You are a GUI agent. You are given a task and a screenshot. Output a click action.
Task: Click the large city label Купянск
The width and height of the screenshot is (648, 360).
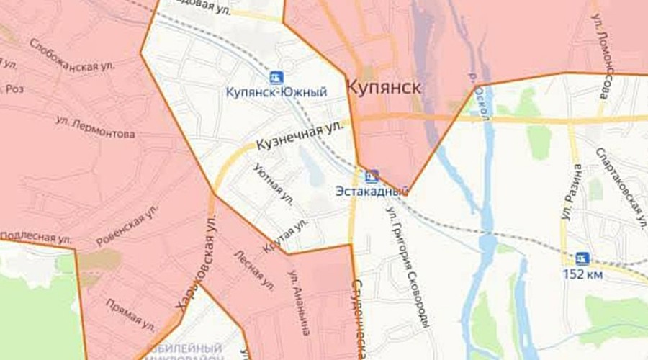click(x=383, y=87)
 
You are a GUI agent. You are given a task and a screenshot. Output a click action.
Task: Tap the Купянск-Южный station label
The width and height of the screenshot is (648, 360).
click(x=276, y=92)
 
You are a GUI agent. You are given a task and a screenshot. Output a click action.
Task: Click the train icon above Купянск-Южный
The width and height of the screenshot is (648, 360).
click(x=276, y=76)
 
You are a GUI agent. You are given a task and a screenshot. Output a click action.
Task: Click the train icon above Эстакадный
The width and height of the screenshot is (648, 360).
click(x=372, y=175)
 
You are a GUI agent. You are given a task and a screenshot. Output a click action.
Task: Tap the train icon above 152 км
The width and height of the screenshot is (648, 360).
click(x=582, y=258)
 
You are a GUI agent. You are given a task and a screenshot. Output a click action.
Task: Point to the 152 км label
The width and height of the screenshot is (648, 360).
click(x=584, y=274)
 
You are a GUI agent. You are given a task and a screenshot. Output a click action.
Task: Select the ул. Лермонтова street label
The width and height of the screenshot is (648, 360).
click(x=95, y=129)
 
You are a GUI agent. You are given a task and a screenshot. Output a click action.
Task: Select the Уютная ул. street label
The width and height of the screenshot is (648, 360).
click(x=274, y=184)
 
